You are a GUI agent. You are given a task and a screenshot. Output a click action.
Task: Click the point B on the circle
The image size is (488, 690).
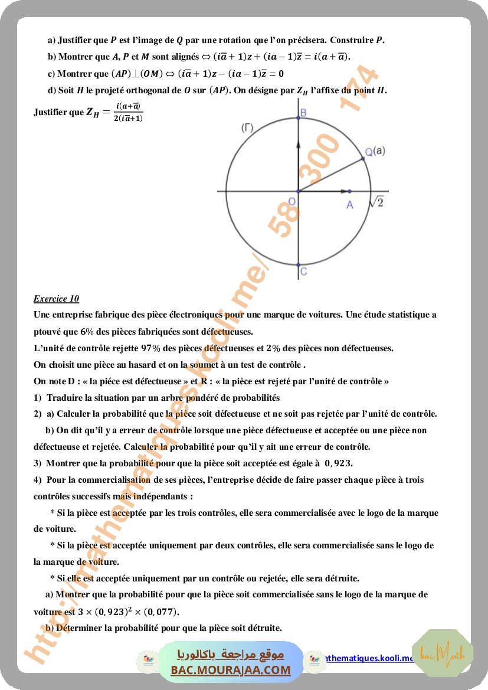point(298,117)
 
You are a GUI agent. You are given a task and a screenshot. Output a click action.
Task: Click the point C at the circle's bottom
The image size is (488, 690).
point(298,265)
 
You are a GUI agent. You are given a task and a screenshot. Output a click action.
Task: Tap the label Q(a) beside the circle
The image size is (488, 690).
point(375,151)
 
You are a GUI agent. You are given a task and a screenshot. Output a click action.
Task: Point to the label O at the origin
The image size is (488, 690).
point(292,202)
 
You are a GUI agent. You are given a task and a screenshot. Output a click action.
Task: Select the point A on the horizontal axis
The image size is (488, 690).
point(350,191)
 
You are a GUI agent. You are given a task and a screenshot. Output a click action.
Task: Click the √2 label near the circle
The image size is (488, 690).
point(376,202)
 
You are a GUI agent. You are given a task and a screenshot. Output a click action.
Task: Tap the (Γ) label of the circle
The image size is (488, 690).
point(247,128)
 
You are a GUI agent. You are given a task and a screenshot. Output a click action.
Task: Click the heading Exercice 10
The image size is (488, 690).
point(56,299)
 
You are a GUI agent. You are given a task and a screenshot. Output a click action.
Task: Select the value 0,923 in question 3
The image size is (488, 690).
point(338,463)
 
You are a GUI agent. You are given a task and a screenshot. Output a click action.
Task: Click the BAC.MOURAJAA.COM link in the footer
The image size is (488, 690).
point(230,670)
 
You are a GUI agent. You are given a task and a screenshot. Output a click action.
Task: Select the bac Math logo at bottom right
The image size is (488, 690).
point(442,653)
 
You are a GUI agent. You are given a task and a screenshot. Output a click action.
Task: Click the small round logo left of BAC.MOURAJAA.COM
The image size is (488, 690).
point(148,661)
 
